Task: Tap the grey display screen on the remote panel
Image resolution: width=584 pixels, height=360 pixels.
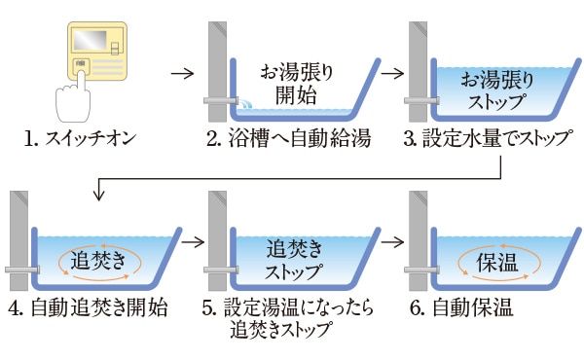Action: click(x=90, y=40)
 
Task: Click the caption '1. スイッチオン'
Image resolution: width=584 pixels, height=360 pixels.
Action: click(x=80, y=139)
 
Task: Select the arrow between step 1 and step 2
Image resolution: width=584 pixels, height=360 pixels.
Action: click(x=183, y=73)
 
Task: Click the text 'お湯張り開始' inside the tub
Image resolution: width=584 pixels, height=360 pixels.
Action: click(x=297, y=84)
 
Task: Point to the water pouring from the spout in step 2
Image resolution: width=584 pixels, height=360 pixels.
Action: click(x=245, y=103)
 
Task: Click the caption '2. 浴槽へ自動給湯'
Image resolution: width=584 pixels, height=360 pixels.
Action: click(x=289, y=139)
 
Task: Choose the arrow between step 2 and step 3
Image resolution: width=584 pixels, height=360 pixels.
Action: click(x=392, y=73)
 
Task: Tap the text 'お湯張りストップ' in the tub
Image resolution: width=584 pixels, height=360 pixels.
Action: click(x=497, y=90)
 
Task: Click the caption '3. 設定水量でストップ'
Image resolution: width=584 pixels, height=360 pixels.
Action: click(x=489, y=139)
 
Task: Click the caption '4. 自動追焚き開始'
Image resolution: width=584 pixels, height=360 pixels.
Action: click(x=88, y=307)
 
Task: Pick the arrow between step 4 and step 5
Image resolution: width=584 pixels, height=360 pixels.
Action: click(x=194, y=242)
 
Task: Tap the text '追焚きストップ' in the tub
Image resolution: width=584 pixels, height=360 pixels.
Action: click(x=294, y=260)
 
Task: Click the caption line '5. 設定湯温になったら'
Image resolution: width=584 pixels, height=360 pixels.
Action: click(x=288, y=307)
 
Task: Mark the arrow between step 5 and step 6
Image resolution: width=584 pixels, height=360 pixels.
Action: click(x=392, y=242)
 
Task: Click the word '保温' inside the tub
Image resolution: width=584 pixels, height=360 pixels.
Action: click(x=497, y=262)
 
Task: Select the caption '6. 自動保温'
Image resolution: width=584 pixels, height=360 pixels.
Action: click(x=461, y=307)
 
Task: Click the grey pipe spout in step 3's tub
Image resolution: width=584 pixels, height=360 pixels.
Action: click(x=421, y=100)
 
